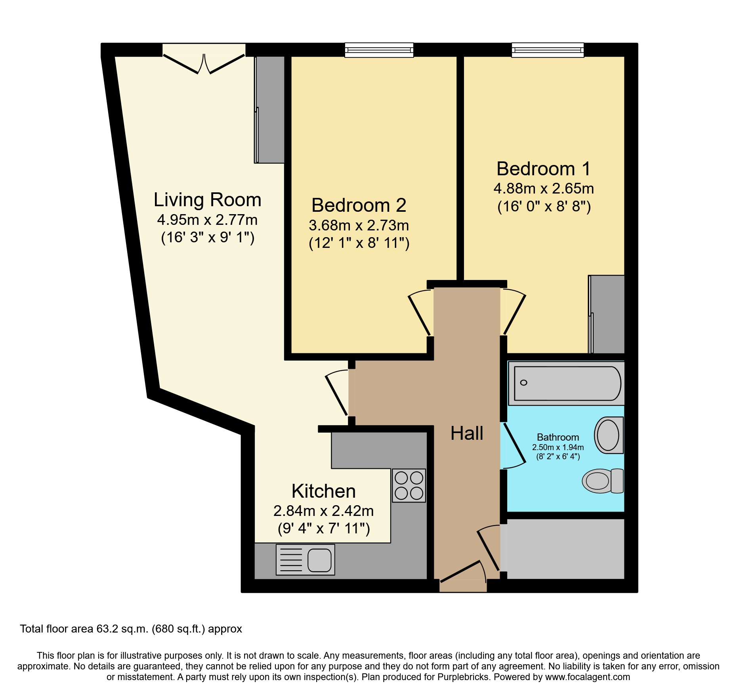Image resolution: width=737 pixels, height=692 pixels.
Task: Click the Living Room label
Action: [207, 200]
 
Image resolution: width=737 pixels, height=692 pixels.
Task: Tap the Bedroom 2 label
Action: [359, 205]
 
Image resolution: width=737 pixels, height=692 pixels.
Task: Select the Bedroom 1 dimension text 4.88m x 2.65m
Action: [544, 189]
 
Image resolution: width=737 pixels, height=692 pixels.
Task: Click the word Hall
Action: [467, 433]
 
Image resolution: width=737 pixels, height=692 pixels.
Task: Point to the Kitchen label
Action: [323, 491]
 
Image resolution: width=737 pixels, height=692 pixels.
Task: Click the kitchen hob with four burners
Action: [409, 485]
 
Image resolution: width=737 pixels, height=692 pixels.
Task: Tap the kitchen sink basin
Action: [319, 560]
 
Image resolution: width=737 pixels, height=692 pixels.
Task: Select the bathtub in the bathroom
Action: [567, 383]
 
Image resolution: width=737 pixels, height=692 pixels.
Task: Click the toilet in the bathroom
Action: [602, 481]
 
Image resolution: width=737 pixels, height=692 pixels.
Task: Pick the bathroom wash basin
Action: [609, 435]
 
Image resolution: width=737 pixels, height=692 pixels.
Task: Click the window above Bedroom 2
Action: [379, 50]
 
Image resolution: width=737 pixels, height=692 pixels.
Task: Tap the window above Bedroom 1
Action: [547, 50]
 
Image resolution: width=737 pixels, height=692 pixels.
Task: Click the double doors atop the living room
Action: [204, 63]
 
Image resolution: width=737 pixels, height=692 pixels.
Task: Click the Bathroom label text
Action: [558, 437]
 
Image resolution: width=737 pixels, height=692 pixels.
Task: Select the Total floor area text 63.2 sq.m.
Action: [131, 629]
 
